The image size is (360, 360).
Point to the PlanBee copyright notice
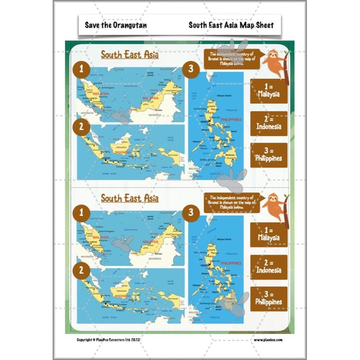click(x=115, y=340)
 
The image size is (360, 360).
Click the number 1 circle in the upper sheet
click(x=81, y=69)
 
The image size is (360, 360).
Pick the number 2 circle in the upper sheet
click(x=81, y=127)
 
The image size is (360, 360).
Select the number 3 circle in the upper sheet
click(x=191, y=69)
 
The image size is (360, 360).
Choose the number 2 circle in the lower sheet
click(x=81, y=270)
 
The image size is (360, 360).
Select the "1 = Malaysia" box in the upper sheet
click(x=269, y=91)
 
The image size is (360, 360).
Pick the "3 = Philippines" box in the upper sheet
click(x=269, y=155)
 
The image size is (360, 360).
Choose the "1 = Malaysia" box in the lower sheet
click(x=269, y=234)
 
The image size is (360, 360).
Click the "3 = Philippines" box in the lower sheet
click(x=269, y=298)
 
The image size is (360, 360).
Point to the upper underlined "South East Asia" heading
click(x=130, y=54)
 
